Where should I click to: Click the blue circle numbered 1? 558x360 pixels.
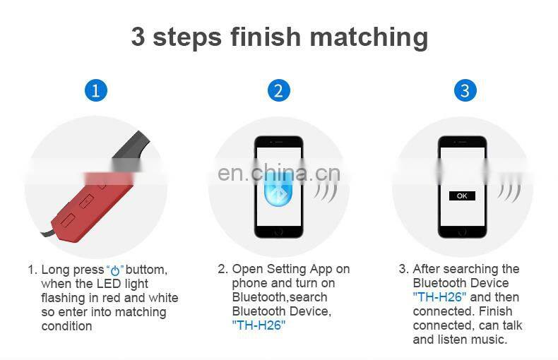[96, 90]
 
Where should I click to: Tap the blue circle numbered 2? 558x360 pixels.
[278, 90]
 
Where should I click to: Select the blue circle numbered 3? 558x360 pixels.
[465, 90]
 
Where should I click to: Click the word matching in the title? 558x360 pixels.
[369, 37]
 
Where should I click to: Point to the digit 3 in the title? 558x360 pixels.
[138, 36]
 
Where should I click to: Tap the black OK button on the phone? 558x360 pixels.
[462, 196]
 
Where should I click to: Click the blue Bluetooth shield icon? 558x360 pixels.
[278, 191]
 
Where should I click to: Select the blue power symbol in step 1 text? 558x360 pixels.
[115, 271]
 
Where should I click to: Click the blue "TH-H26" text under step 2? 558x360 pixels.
[259, 325]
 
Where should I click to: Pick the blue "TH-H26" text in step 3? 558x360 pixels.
[439, 296]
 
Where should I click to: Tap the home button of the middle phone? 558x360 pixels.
[278, 232]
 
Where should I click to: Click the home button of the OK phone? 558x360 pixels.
[462, 232]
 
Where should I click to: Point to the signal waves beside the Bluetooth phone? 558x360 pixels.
[326, 193]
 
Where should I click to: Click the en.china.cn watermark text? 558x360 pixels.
[279, 173]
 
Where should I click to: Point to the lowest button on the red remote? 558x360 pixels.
[68, 219]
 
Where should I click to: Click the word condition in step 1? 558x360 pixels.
[67, 326]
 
